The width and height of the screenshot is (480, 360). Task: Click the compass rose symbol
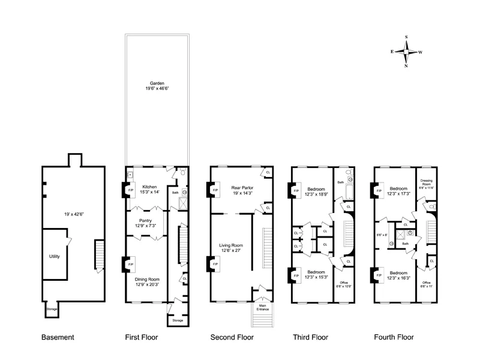pos(406,52)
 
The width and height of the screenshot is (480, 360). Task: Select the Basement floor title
pos(58,337)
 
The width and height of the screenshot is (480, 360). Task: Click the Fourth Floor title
pos(394,337)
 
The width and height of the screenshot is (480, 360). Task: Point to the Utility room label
pos(55,256)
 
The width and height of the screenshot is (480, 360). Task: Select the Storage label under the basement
pos(52,310)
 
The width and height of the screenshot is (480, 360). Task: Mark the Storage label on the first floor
pos(177,320)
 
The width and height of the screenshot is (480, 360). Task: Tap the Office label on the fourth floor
pos(427,283)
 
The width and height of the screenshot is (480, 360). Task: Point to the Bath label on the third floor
pos(340,181)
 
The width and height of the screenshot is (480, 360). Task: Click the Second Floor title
pos(232,337)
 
